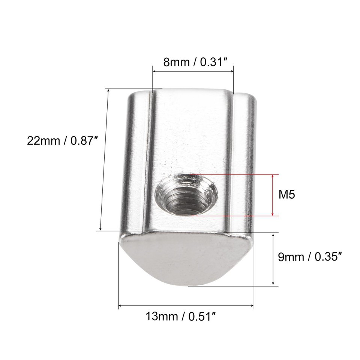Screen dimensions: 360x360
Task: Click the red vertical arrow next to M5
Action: [273, 195]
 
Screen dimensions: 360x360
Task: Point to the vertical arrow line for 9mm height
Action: [273, 259]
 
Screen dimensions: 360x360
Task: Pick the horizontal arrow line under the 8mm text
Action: [193, 70]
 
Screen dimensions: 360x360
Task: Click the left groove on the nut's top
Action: [149, 157]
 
